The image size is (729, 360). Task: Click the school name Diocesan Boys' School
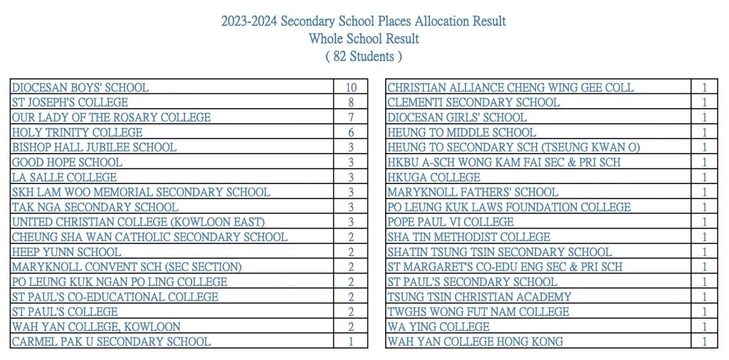click(80, 88)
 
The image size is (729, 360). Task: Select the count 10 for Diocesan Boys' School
click(351, 88)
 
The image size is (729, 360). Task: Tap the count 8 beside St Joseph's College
click(351, 102)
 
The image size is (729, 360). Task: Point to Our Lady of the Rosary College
click(111, 117)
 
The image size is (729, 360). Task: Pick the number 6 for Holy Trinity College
click(351, 132)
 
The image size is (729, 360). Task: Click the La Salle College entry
click(64, 177)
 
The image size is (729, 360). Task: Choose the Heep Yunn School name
click(66, 252)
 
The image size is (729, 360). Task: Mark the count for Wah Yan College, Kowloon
click(351, 327)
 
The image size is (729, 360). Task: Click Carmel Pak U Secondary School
click(111, 342)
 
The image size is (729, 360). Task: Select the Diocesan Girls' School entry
click(457, 117)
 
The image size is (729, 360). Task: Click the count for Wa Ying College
click(705, 327)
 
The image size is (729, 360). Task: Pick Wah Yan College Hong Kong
click(475, 342)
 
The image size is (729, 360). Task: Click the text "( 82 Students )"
click(364, 56)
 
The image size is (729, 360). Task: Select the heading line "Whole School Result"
click(364, 38)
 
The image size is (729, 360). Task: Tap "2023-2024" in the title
click(248, 21)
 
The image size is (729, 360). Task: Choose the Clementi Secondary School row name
click(473, 102)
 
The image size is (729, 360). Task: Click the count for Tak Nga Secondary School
click(351, 207)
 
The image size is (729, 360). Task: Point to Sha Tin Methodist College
click(468, 237)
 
